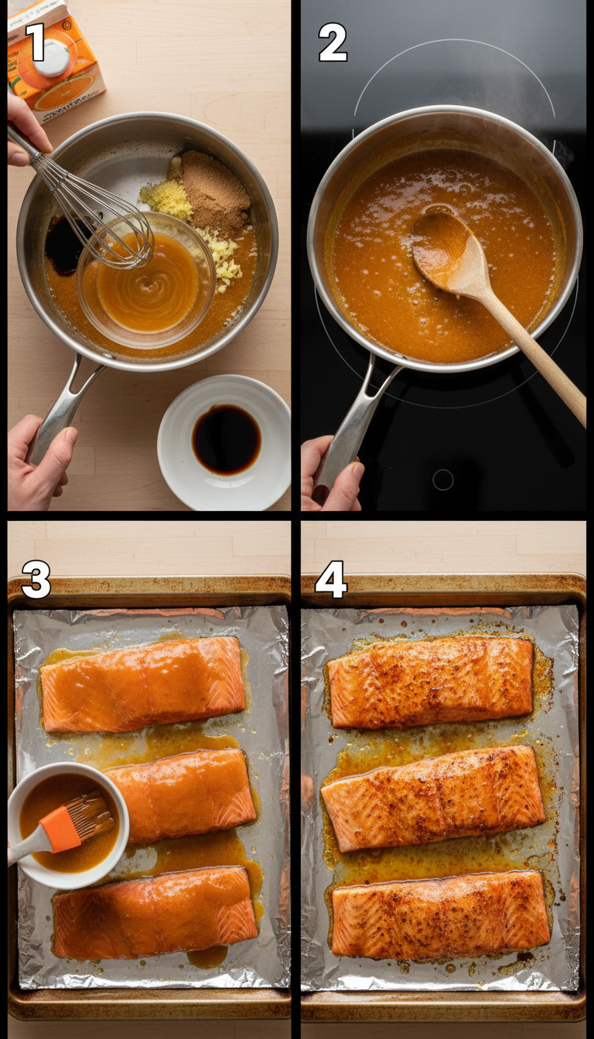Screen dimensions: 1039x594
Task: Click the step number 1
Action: coord(36,42)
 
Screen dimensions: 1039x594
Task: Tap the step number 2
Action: coord(333,43)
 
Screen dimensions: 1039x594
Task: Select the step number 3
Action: coord(36,580)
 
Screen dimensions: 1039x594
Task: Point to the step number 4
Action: coord(331,580)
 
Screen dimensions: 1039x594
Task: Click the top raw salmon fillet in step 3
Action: coord(143,683)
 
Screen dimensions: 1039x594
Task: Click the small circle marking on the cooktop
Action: coord(442,479)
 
